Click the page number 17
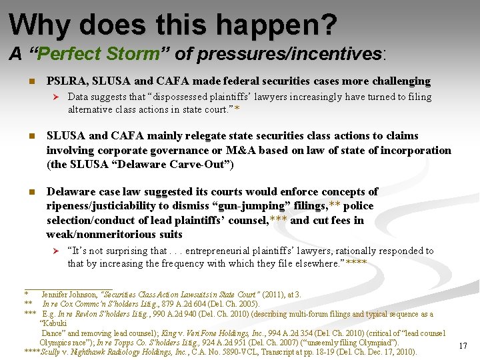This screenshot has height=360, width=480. pyautogui.click(x=463, y=345)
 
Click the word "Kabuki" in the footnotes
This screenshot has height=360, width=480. pyautogui.click(x=55, y=323)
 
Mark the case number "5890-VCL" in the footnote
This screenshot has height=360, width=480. pyautogui.click(x=248, y=352)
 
